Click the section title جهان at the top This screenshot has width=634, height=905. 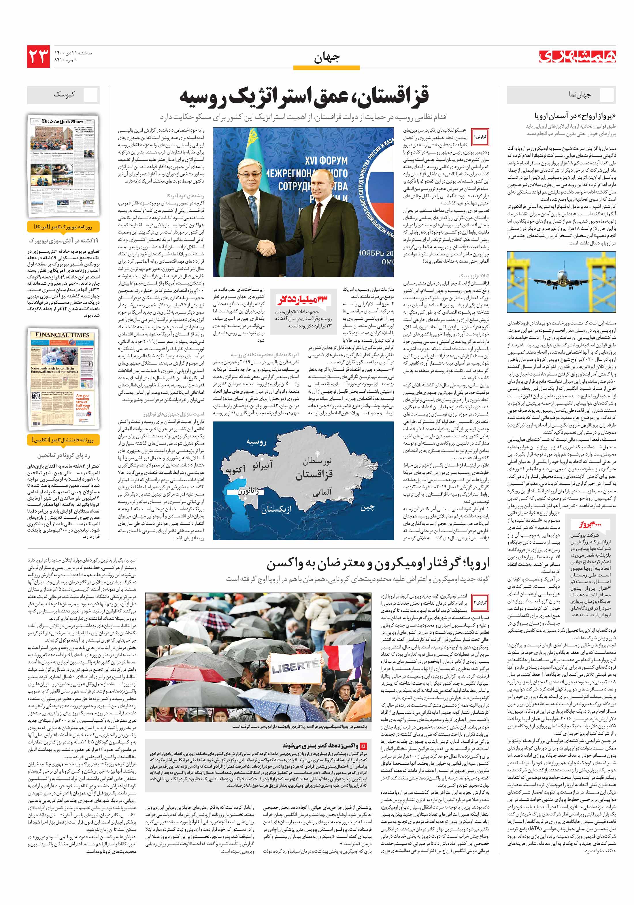[326, 58]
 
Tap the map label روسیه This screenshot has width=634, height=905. [256, 442]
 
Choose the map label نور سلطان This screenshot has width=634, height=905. [317, 460]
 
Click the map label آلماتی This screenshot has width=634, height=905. [322, 492]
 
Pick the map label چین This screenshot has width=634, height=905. [367, 508]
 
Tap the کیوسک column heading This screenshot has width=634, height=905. [64, 95]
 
